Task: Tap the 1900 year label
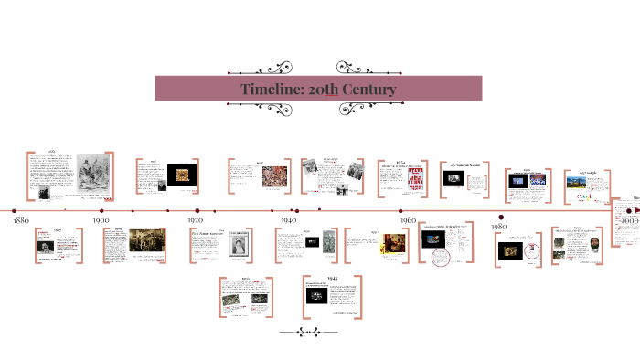[100, 220]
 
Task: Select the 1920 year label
[195, 220]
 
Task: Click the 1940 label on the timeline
[288, 220]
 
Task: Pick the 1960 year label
[408, 220]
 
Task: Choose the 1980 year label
[499, 226]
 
